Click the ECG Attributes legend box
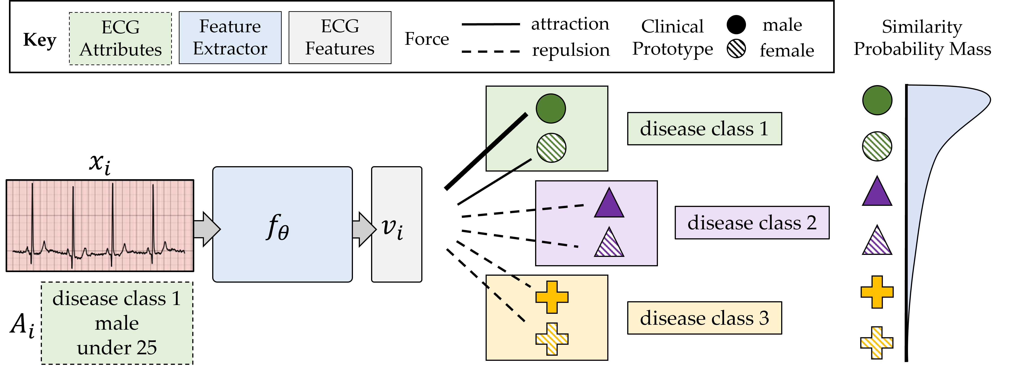coord(120,38)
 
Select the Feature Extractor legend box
coord(230,38)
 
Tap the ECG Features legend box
coord(339,38)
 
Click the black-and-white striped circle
coord(736,49)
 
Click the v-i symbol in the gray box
coord(392,228)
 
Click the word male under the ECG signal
coord(117,323)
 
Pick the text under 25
coord(117,348)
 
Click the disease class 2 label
coord(752,223)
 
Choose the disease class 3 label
coord(704,318)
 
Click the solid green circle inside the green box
coord(550,108)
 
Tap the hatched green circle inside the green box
coord(551,148)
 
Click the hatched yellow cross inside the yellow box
coord(552,339)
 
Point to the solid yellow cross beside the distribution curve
coord(877,292)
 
